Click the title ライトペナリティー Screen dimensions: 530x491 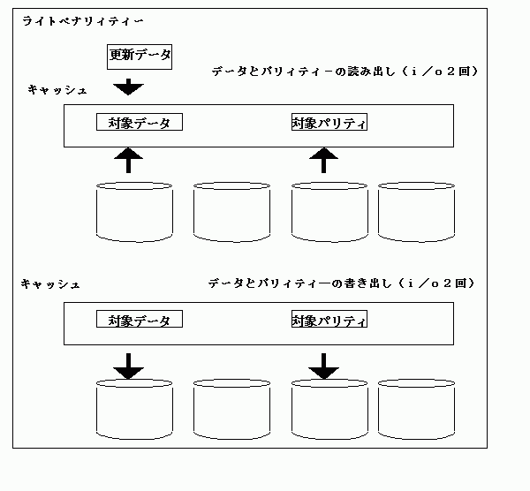83,21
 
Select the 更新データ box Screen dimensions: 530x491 140,57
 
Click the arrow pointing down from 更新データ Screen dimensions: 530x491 128,87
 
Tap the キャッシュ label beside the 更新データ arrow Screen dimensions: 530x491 57,90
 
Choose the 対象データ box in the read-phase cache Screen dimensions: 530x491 140,122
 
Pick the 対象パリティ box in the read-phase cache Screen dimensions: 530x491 329,122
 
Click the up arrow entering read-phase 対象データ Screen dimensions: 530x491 128,160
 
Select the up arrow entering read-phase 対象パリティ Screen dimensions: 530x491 324,160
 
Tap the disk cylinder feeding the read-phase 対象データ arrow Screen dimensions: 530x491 134,212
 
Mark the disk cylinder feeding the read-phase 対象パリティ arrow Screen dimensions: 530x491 329,212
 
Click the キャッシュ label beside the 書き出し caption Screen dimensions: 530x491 50,284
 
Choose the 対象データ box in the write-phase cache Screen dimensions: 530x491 140,319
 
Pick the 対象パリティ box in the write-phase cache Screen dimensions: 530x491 329,319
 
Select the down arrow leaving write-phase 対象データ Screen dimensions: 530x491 128,366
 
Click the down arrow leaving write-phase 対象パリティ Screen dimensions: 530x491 324,366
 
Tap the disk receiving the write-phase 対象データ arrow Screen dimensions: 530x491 134,410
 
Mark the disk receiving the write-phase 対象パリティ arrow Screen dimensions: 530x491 329,410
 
